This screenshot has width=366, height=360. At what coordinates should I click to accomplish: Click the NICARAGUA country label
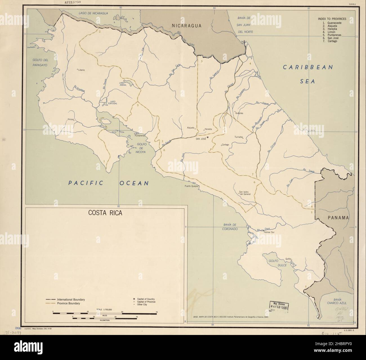(x=187, y=26)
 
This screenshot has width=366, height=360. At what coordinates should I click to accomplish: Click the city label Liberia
(x=81, y=70)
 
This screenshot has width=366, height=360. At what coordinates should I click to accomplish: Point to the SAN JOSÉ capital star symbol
(x=207, y=137)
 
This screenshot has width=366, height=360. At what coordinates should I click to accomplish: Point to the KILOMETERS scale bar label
(x=105, y=320)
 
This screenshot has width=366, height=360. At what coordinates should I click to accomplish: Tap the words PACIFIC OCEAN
(x=109, y=183)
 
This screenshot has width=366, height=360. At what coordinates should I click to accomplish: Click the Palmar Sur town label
(x=270, y=233)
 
